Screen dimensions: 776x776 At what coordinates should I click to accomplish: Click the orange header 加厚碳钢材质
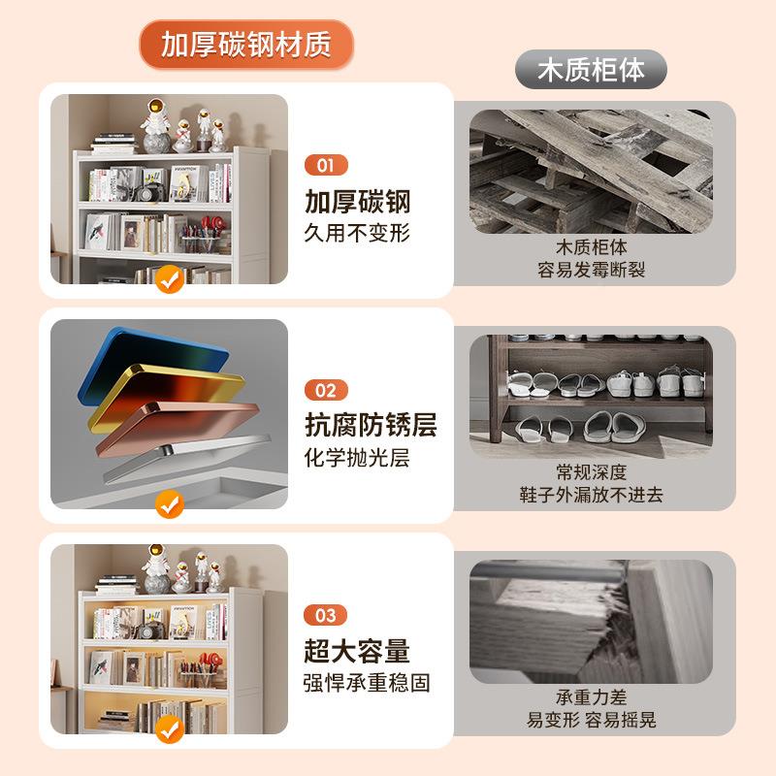245,45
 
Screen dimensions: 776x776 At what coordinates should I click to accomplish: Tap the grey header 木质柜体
591,70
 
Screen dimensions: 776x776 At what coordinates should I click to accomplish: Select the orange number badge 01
325,165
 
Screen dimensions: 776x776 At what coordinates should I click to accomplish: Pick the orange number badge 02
325,390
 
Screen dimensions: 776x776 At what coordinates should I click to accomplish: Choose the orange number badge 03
325,616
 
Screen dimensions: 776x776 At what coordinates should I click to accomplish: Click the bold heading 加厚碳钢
358,202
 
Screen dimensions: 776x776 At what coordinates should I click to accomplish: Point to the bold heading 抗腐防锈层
371,425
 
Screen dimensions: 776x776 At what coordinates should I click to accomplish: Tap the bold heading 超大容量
358,651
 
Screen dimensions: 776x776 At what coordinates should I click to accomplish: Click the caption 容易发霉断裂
591,270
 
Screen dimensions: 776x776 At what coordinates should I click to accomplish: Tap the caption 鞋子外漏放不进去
591,495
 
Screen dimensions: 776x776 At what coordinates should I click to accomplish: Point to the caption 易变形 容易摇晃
591,720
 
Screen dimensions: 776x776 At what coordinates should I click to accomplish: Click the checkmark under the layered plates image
170,504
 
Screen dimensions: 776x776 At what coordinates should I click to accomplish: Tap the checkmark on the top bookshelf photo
170,280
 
